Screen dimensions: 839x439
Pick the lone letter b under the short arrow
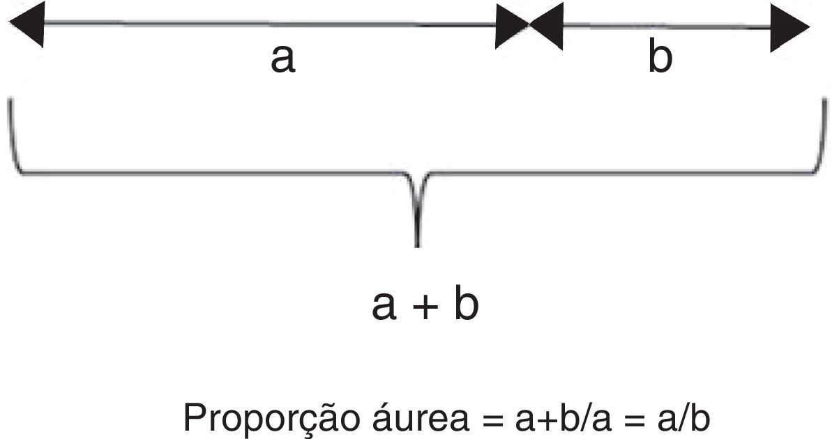[x=660, y=59]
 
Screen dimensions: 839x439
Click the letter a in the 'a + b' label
[x=385, y=307]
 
